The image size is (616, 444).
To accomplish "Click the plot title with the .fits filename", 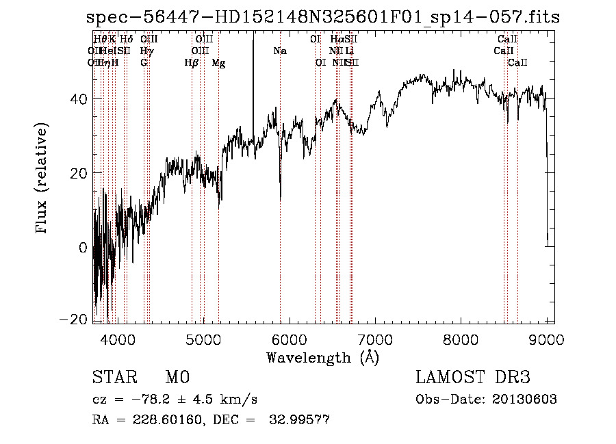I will [x=322, y=18].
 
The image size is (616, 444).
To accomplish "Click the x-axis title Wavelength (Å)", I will [x=322, y=357].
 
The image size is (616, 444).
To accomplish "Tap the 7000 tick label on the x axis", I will [x=374, y=339].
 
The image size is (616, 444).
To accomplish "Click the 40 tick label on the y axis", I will [x=79, y=99].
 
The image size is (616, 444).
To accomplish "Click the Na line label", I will [x=279, y=51].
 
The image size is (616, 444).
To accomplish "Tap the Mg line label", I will [x=218, y=63].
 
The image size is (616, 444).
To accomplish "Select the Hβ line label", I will [x=192, y=63].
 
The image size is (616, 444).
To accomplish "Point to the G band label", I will [x=144, y=63].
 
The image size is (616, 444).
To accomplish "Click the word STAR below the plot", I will [x=114, y=378].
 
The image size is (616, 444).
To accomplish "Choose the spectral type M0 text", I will [x=177, y=378].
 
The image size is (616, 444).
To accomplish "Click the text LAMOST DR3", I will [x=472, y=378].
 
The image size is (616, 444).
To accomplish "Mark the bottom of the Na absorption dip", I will [x=281, y=199].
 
